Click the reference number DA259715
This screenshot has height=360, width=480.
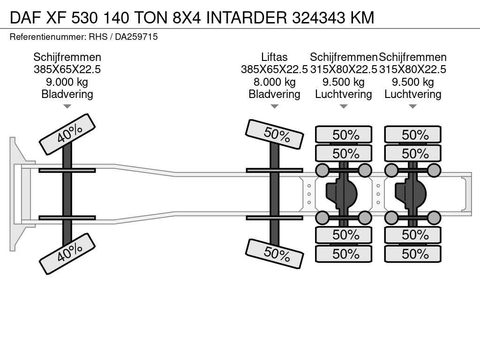point(136,37)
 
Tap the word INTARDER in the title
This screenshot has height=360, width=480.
point(247,17)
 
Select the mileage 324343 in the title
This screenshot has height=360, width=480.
point(319,17)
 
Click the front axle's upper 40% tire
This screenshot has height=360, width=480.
point(67,135)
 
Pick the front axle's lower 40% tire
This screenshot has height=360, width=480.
point(67,254)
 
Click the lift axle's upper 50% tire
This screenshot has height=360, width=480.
point(275,135)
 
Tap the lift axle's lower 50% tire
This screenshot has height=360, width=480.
point(275,254)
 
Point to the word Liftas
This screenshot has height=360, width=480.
point(274,57)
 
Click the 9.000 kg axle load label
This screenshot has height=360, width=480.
point(67,82)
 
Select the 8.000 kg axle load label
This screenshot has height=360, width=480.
point(275,82)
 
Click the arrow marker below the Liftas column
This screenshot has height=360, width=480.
point(275,106)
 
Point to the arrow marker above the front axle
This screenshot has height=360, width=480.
point(67,106)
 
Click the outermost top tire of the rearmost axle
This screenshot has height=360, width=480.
point(412,135)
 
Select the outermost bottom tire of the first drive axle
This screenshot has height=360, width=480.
point(344,254)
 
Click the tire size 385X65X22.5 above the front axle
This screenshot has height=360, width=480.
point(67,69)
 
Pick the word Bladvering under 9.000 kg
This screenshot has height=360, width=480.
point(67,94)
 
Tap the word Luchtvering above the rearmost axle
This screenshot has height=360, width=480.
point(412,94)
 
